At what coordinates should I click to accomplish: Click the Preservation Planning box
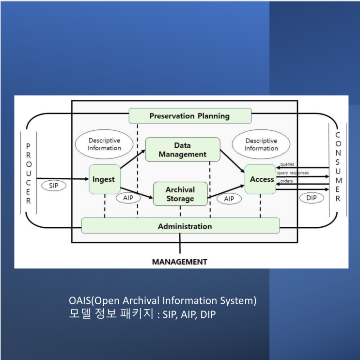(x=189, y=116)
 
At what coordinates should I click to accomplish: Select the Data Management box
(x=182, y=150)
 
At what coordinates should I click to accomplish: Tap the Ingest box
(x=104, y=179)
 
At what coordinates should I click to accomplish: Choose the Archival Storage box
(x=180, y=194)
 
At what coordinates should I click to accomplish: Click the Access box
(x=260, y=179)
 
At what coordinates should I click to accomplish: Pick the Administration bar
(x=180, y=226)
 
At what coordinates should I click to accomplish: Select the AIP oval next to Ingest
(x=128, y=199)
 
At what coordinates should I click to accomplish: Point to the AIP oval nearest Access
(x=229, y=199)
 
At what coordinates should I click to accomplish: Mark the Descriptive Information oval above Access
(x=261, y=144)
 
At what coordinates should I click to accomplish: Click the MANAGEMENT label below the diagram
(x=180, y=262)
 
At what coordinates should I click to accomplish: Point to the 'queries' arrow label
(x=287, y=164)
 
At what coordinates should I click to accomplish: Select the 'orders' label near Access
(x=286, y=181)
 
